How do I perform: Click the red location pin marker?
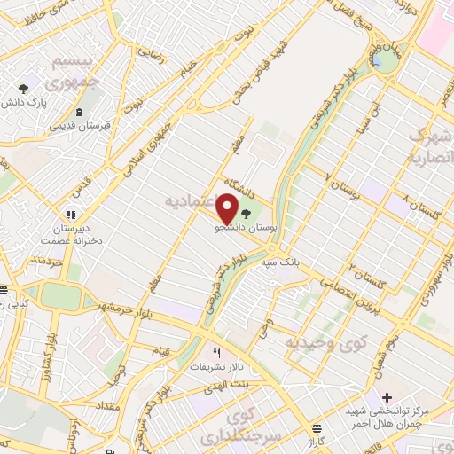click(x=228, y=208)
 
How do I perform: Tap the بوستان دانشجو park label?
click(x=247, y=227)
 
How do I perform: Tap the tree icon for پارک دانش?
click(x=25, y=88)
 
